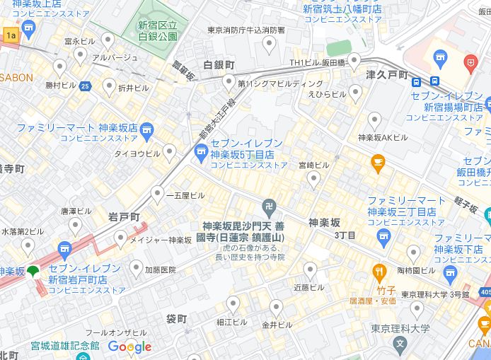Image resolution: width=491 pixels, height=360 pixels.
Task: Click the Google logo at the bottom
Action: tap(129, 347)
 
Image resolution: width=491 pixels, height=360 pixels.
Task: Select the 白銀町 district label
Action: tap(219, 65)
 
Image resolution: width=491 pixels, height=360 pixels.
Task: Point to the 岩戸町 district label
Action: tap(124, 216)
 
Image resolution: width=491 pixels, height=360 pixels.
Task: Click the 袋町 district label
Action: tap(176, 319)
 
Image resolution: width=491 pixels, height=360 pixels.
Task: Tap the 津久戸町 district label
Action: tap(387, 75)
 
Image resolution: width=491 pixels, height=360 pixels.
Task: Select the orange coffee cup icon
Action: tap(379, 164)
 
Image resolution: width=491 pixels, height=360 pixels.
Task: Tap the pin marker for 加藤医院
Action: tap(137, 268)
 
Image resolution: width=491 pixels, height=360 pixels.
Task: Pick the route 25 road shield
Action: tap(85, 86)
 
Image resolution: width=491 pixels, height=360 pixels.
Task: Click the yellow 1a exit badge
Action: tap(10, 35)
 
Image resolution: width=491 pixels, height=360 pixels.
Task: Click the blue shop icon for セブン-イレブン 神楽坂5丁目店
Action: tap(201, 150)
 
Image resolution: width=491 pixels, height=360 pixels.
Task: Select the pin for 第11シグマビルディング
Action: tap(229, 83)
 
